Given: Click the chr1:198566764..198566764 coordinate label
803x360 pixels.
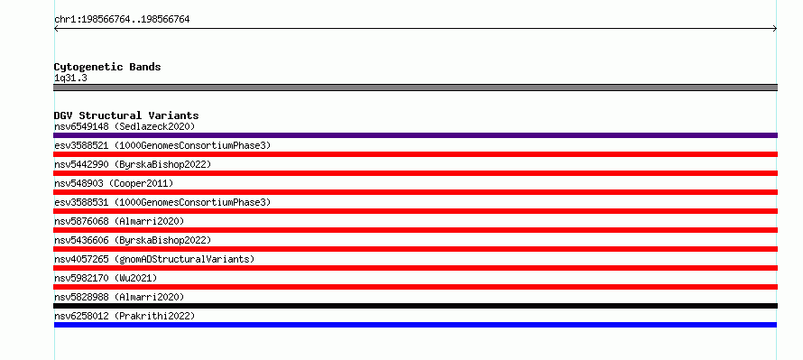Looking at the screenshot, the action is tap(122, 20).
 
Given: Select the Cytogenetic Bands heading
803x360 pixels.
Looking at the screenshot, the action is tap(107, 67).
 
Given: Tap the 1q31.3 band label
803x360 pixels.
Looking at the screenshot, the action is tap(70, 78).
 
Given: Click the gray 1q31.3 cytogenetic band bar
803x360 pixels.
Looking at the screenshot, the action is tap(415, 88).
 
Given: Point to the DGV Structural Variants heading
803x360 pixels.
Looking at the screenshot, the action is tap(126, 115).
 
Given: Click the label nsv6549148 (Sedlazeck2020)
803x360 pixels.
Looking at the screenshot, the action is tap(125, 126).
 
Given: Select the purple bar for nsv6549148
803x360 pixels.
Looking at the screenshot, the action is tap(415, 135).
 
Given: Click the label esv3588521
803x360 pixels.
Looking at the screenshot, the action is tap(81, 145).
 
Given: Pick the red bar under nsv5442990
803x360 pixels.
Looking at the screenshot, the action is tap(415, 173).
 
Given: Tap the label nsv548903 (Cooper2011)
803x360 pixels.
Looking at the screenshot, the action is tap(114, 183).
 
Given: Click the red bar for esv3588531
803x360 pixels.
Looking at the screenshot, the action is tap(415, 211).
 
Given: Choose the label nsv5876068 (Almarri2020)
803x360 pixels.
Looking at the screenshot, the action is tap(119, 221).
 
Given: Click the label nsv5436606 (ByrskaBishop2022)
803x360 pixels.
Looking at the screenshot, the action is tap(133, 240).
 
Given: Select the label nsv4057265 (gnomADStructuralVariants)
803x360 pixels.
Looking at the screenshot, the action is tap(154, 259).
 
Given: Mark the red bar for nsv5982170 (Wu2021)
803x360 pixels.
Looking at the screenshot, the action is tap(415, 287).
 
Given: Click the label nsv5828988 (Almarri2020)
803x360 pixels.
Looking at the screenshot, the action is tap(119, 297).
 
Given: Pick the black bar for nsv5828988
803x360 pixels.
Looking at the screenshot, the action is tap(415, 306).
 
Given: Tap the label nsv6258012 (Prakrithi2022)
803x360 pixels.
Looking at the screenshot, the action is tap(125, 316).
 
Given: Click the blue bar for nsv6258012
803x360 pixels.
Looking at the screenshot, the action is tap(415, 325).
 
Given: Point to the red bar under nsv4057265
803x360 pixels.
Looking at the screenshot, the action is tap(415, 268).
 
